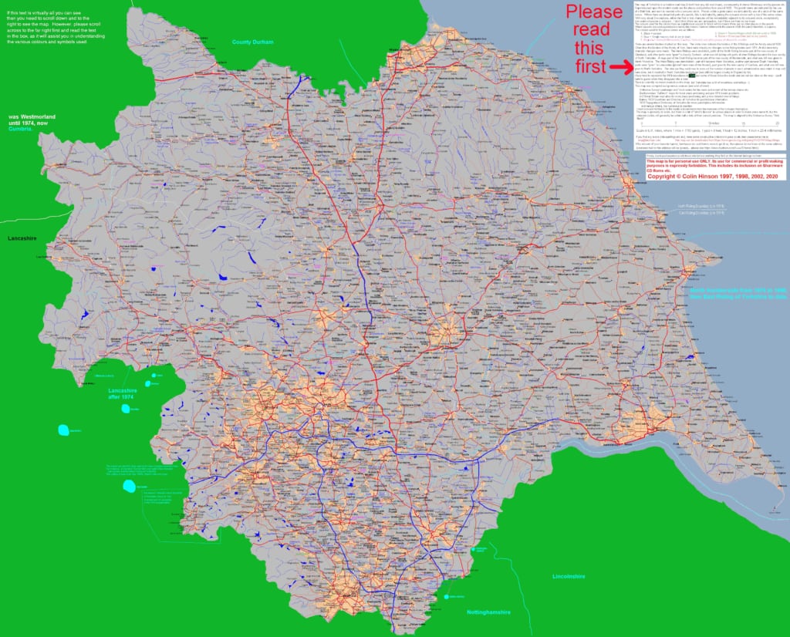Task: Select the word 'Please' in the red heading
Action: click(x=594, y=12)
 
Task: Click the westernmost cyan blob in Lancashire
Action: click(x=61, y=430)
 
